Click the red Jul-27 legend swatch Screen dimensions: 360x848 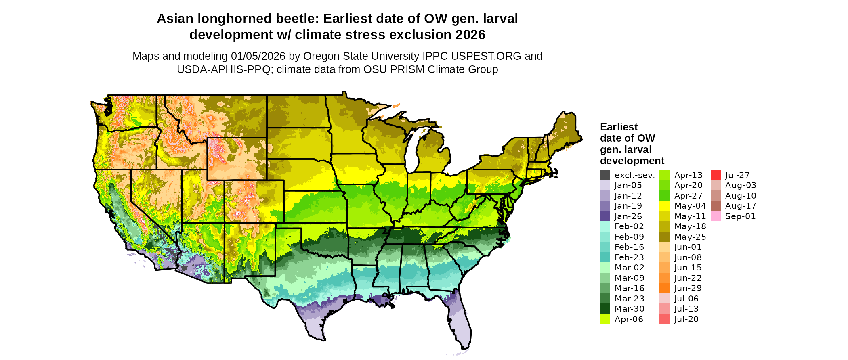(x=716, y=175)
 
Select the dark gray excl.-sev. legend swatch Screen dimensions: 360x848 (x=605, y=175)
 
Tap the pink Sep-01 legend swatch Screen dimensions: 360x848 (x=716, y=216)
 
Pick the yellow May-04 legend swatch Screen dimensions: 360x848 (x=664, y=206)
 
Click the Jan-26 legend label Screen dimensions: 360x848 (x=628, y=216)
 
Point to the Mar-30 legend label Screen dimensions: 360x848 (x=629, y=309)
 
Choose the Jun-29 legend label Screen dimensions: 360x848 (x=688, y=288)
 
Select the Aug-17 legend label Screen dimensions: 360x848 (x=740, y=206)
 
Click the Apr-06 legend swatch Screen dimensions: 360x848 (x=605, y=319)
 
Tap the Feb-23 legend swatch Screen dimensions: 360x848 (x=605, y=257)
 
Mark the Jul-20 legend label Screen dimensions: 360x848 (x=686, y=319)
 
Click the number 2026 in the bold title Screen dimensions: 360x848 (x=470, y=35)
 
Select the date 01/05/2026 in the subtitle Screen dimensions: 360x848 (x=258, y=56)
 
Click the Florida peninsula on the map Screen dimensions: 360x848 (x=460, y=327)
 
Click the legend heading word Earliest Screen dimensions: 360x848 (x=619, y=127)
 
